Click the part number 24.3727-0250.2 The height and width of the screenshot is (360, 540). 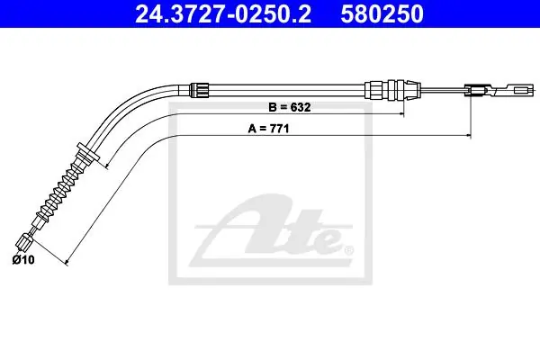pyautogui.click(x=223, y=13)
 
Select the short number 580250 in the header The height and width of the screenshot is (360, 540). pyautogui.click(x=382, y=13)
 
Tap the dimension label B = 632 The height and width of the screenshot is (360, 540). pyautogui.click(x=290, y=107)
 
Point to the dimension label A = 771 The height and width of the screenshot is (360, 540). pyautogui.click(x=268, y=129)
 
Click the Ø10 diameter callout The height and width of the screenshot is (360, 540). pyautogui.click(x=23, y=259)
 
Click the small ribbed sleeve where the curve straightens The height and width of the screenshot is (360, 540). pyautogui.click(x=200, y=90)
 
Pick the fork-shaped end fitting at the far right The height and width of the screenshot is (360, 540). pyautogui.click(x=500, y=91)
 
